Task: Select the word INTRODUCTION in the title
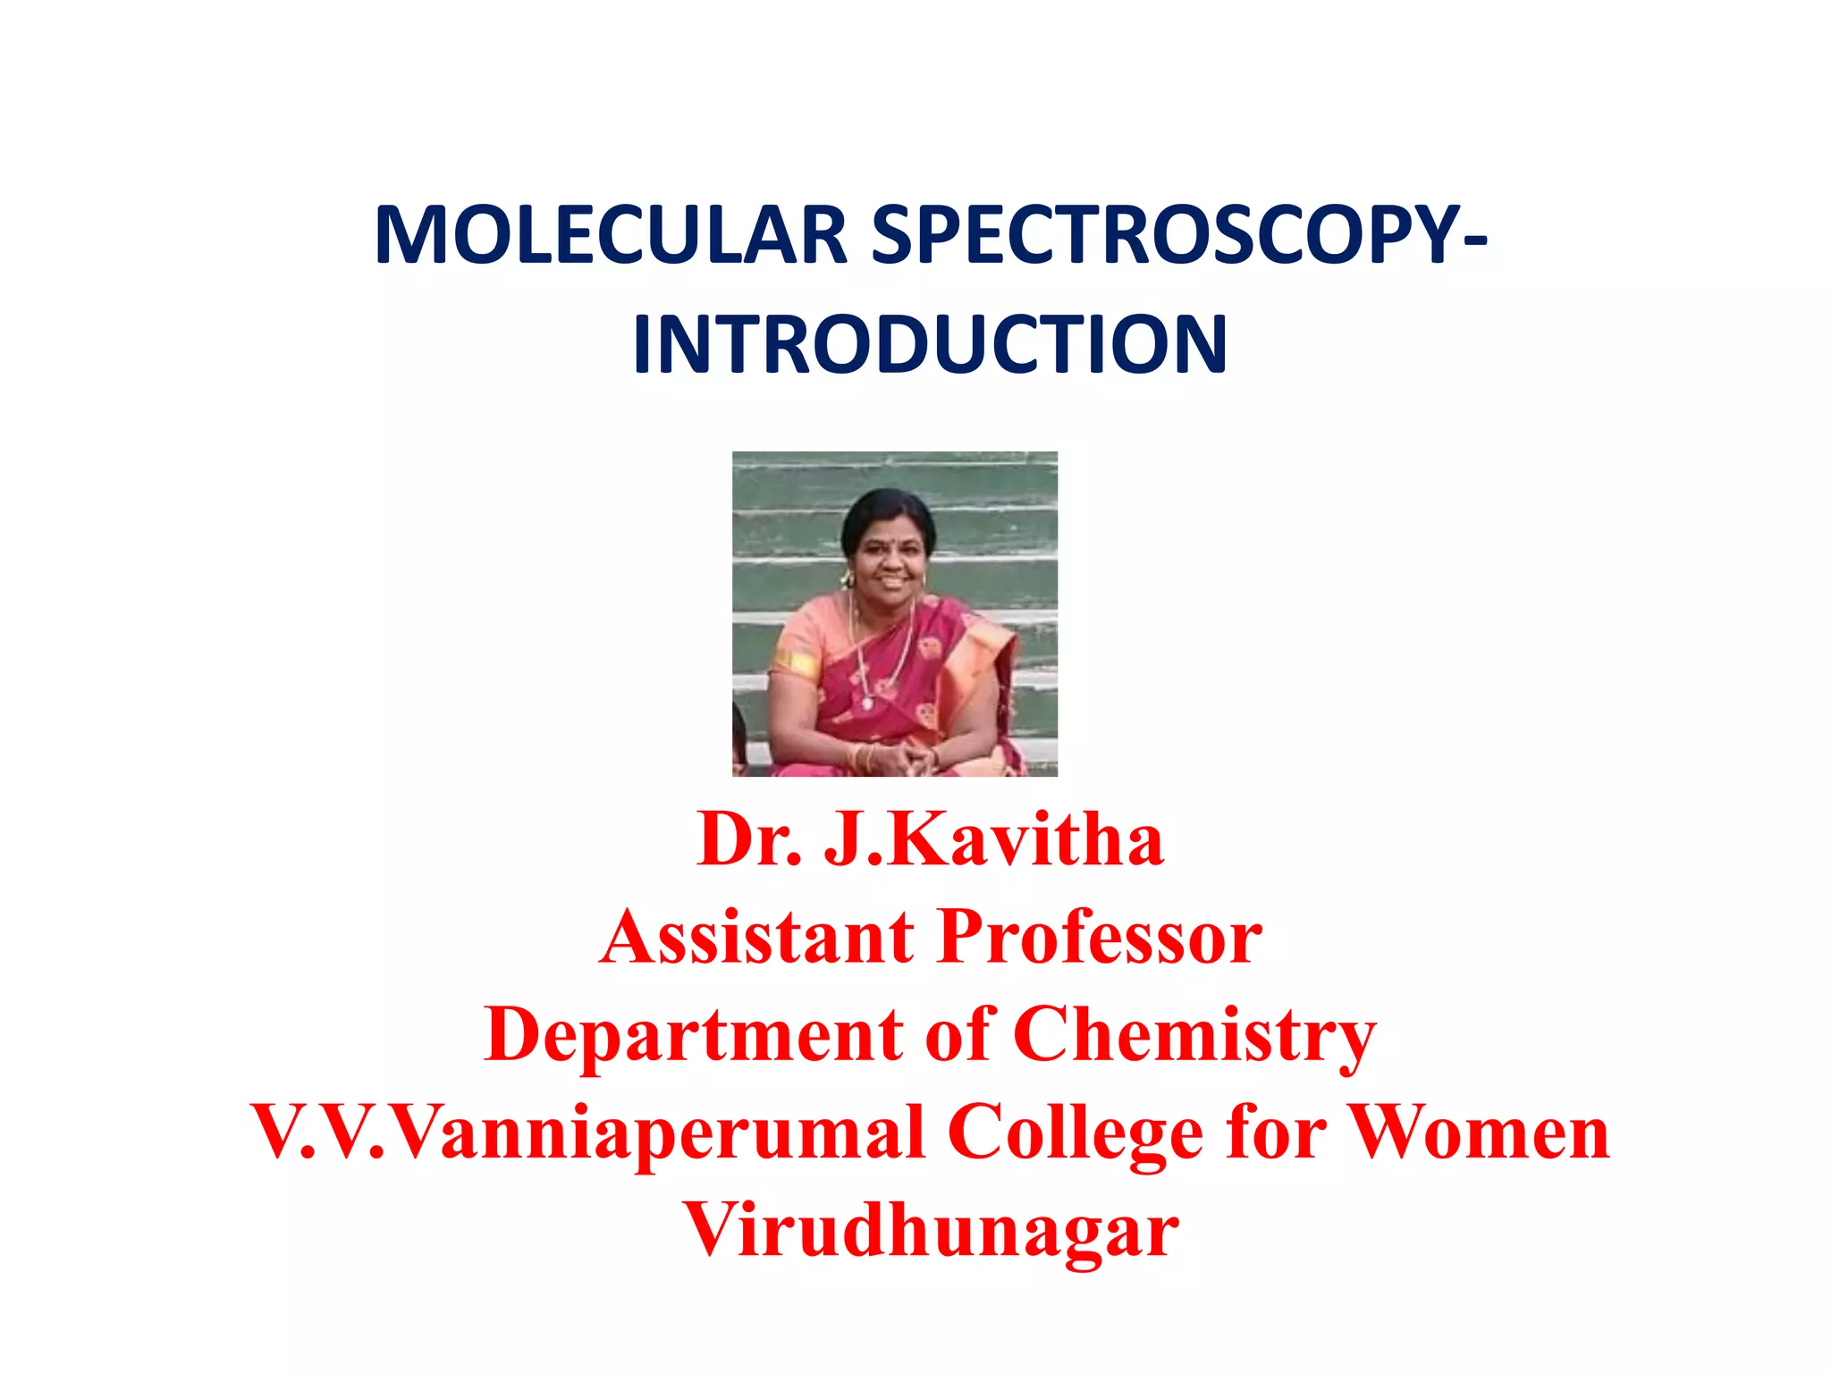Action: coord(930,345)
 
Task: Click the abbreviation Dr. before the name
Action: coord(749,839)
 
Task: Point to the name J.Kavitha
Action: coord(993,839)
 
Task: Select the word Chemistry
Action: coord(1194,1037)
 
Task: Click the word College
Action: coord(1075,1133)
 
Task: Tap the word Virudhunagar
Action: coord(930,1232)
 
